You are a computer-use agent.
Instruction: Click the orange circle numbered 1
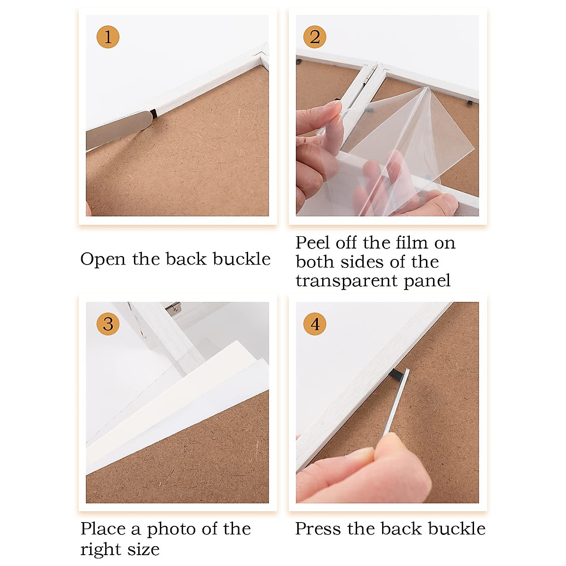[x=108, y=37]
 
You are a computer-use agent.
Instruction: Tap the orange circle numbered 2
[x=315, y=37]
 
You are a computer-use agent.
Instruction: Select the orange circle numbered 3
[x=108, y=324]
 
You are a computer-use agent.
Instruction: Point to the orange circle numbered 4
[x=315, y=324]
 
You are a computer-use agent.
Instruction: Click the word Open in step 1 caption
[x=103, y=259]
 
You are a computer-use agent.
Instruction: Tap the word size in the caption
[x=144, y=549]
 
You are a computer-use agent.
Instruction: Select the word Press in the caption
[x=319, y=529]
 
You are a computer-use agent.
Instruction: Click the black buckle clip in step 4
[x=397, y=375]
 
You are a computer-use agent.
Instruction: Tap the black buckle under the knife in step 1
[x=154, y=114]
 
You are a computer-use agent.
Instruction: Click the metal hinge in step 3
[x=173, y=307]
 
